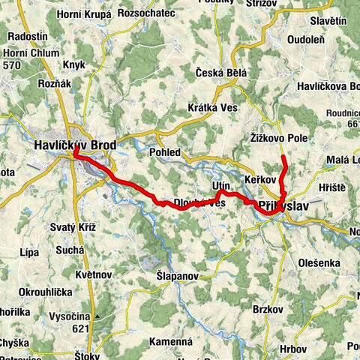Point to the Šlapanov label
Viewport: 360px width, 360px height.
pyautogui.click(x=157, y=276)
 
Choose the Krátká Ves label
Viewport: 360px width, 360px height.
pyautogui.click(x=213, y=107)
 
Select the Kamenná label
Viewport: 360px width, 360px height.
pyautogui.click(x=171, y=341)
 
